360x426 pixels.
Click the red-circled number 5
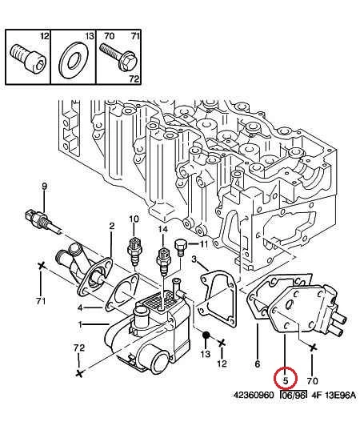tap(286, 380)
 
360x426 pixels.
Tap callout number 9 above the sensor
tap(44, 187)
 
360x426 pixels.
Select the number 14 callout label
tap(163, 230)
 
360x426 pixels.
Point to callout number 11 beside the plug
tap(203, 244)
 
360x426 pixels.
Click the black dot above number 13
tap(206, 335)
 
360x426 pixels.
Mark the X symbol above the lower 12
tap(222, 344)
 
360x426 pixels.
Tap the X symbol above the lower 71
tap(41, 266)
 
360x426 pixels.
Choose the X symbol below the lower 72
tap(78, 374)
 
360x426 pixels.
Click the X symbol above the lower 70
tap(313, 348)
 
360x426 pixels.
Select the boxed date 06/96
tap(294, 395)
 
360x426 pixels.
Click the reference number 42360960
tap(254, 395)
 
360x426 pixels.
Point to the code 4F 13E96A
tap(334, 395)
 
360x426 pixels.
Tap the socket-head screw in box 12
tap(28, 58)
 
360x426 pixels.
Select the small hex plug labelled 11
tap(180, 247)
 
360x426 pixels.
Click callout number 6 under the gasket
tap(258, 364)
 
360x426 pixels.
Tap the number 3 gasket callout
tap(194, 259)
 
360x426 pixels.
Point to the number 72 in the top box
tap(134, 78)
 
